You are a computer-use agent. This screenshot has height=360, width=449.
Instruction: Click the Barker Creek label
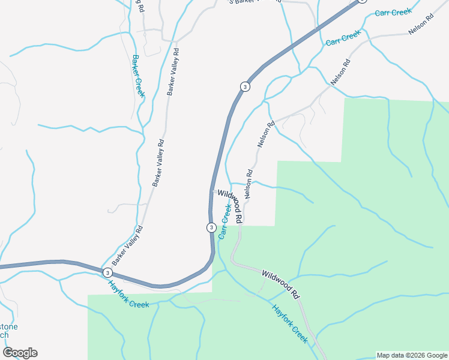(137, 76)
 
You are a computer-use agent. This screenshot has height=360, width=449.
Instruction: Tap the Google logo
(20, 353)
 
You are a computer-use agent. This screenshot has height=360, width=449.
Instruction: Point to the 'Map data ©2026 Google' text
(412, 355)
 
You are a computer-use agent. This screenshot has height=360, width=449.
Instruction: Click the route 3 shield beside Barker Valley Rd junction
(107, 272)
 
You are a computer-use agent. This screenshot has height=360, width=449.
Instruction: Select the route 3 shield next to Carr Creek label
(211, 227)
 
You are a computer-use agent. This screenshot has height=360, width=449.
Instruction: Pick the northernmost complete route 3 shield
(244, 87)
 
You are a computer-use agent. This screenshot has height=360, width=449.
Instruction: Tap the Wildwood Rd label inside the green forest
(280, 284)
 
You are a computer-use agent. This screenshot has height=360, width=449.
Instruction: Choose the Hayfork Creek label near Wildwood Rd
(290, 323)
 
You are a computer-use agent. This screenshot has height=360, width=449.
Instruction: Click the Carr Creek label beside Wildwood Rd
(224, 221)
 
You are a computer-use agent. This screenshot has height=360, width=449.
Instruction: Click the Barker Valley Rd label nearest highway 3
(127, 246)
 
